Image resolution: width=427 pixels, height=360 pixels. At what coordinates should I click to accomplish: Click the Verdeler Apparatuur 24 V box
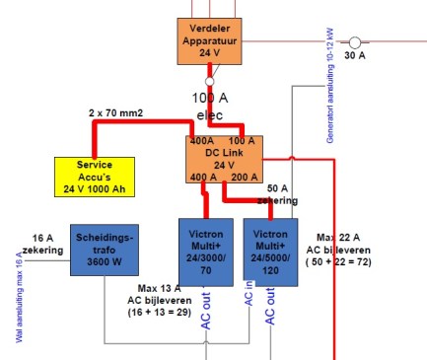tap(209, 38)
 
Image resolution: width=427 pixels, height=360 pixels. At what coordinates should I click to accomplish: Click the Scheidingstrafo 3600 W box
tap(103, 251)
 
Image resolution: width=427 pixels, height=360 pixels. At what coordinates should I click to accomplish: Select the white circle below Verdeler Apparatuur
tap(209, 82)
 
